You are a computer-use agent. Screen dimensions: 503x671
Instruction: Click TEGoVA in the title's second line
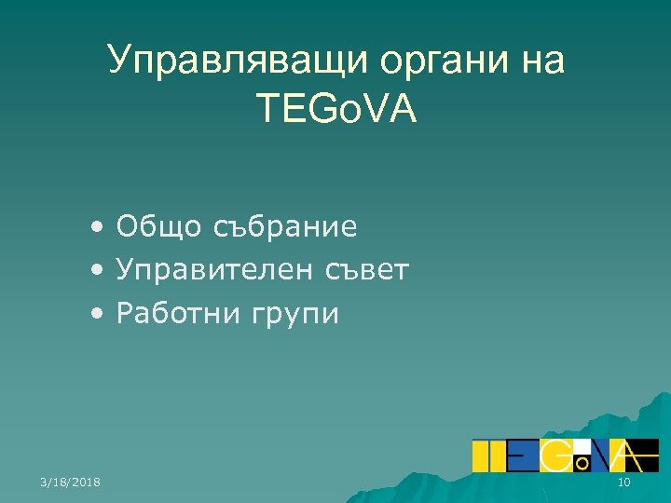(x=335, y=110)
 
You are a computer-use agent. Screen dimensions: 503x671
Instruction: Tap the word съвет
(x=367, y=271)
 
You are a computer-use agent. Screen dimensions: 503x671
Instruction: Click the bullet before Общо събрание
(x=98, y=227)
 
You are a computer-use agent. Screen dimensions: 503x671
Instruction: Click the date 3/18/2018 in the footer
(x=71, y=481)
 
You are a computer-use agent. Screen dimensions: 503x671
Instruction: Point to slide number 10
(x=623, y=481)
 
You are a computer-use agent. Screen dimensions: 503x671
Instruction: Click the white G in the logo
(x=558, y=455)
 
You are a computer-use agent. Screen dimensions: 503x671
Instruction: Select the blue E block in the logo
(x=523, y=455)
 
